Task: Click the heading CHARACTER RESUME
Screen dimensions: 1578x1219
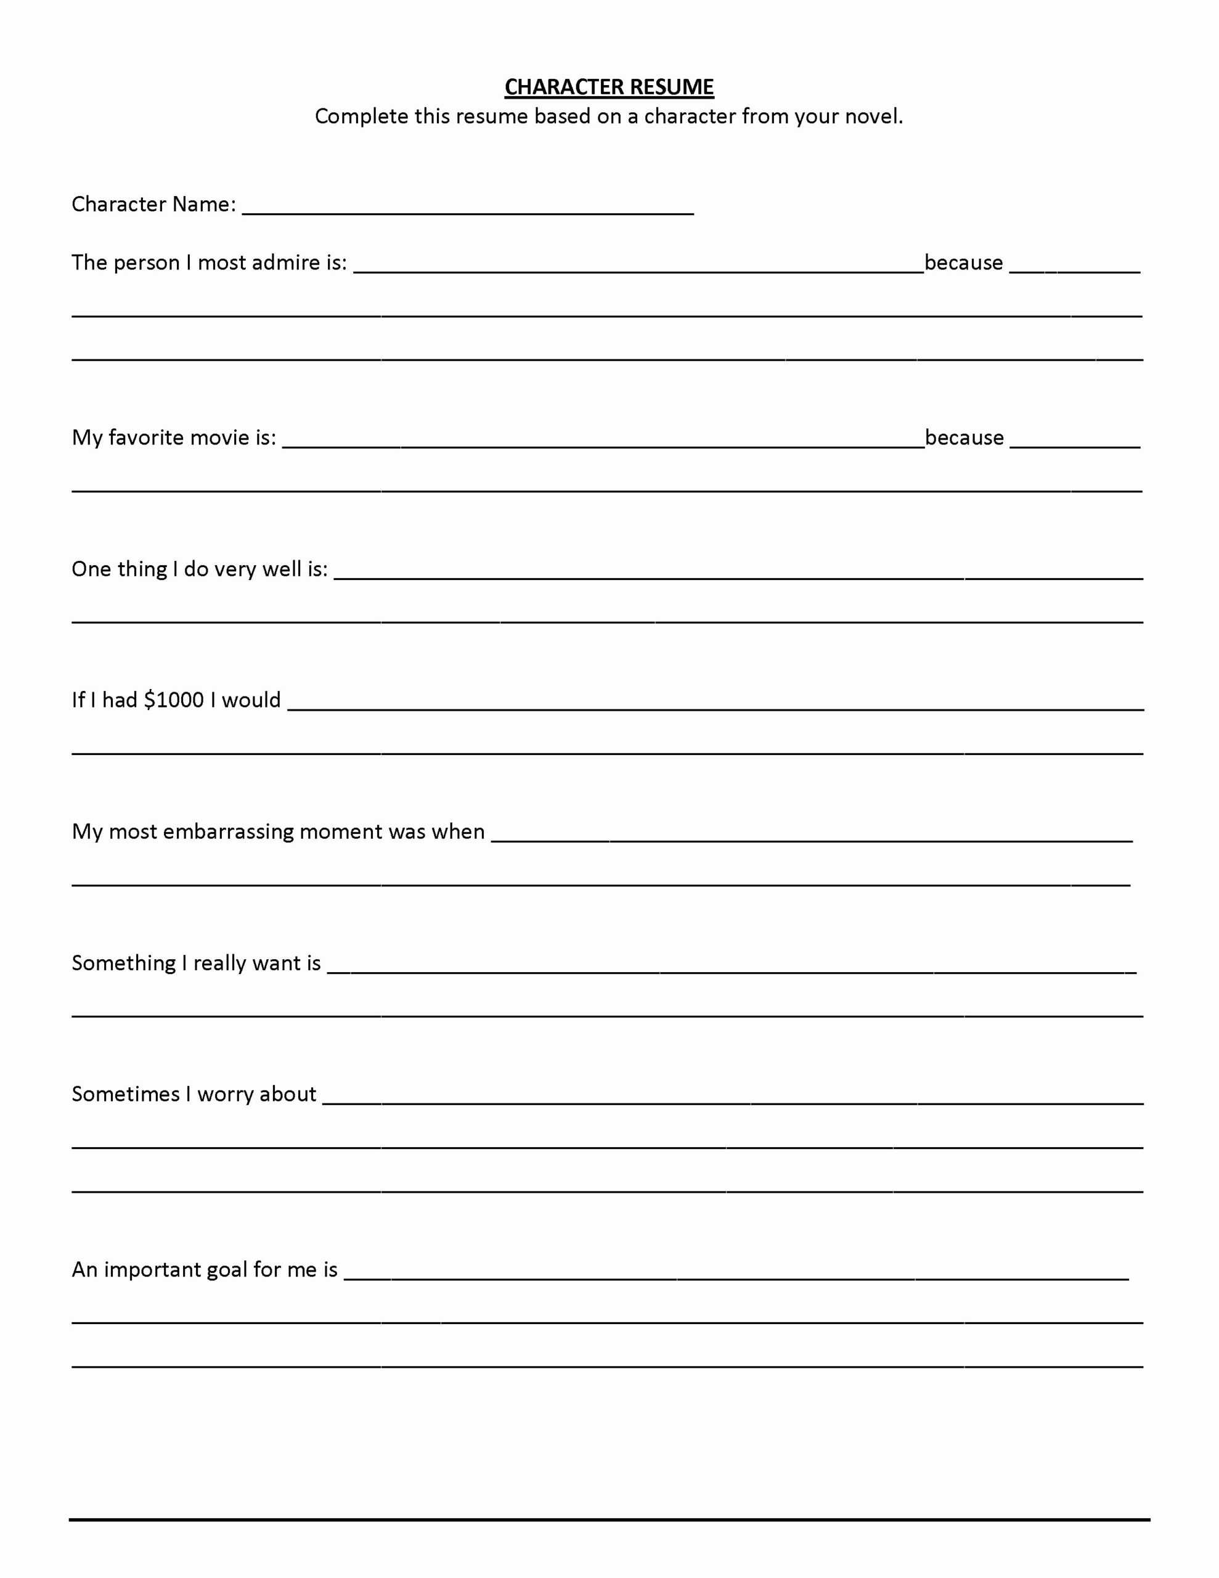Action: [608, 88]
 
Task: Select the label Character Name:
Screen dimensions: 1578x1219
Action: [153, 205]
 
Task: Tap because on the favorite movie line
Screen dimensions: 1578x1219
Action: [964, 437]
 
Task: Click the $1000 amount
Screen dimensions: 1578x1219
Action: [173, 700]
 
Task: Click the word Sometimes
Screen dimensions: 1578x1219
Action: [125, 1094]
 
